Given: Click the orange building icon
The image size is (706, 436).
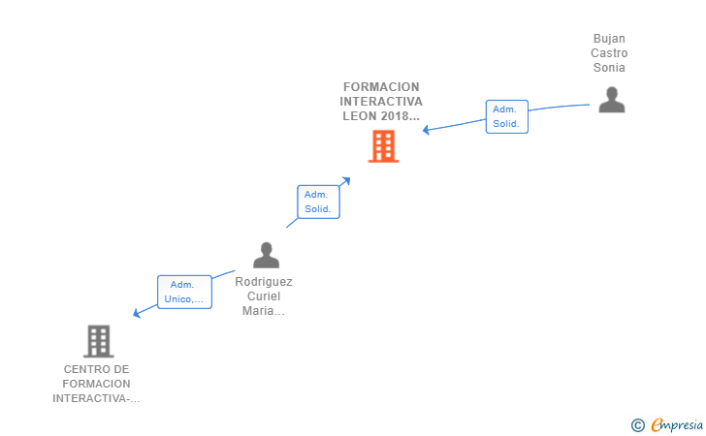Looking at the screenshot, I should [383, 146].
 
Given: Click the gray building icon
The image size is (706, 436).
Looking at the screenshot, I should [98, 340].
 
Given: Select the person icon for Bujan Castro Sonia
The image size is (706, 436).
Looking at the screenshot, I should [611, 100].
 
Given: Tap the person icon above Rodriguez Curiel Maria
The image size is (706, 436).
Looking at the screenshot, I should [266, 255].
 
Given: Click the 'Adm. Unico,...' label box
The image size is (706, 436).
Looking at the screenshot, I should [184, 292].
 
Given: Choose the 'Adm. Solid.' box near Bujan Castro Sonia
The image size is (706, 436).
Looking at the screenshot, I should [506, 116].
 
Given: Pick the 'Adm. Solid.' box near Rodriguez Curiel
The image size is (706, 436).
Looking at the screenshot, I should [318, 202].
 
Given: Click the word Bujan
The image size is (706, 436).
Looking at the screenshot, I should [610, 39].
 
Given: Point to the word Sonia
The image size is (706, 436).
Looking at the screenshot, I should [610, 68].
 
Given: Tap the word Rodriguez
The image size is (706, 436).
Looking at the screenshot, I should [264, 282].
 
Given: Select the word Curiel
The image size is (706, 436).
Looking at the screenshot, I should [264, 296].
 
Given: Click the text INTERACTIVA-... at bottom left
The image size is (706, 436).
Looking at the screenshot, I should [96, 398].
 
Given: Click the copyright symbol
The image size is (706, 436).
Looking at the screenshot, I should [637, 424].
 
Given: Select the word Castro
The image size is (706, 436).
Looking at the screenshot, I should [610, 53].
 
